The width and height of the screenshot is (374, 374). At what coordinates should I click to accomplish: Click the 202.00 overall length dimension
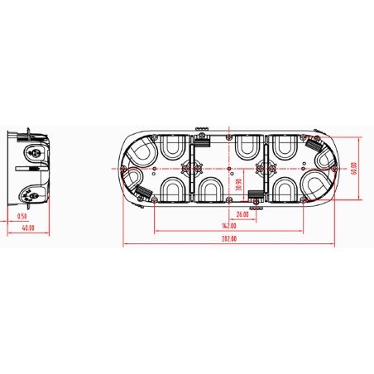228,238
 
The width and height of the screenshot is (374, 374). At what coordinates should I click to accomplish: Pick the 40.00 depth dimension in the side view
27,227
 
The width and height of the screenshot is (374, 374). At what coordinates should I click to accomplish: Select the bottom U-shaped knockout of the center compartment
207,189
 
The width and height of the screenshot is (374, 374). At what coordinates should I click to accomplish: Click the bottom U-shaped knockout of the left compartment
173,188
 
